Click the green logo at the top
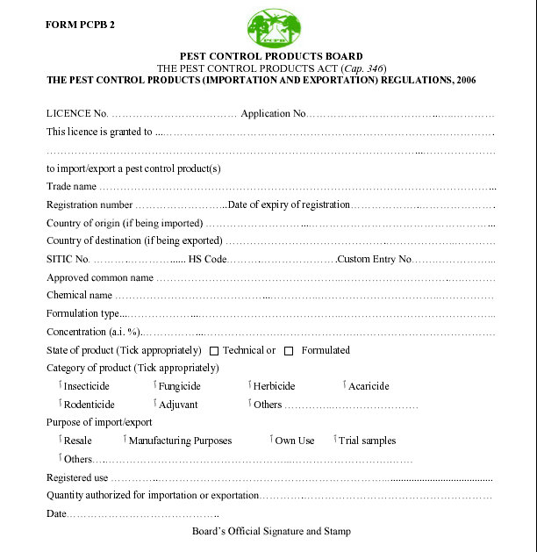click(x=274, y=29)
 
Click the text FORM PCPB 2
click(x=80, y=24)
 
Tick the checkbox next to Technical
click(x=214, y=350)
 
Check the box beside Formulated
click(x=289, y=350)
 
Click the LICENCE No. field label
click(x=77, y=114)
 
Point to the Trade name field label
click(x=71, y=186)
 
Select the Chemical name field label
click(x=79, y=295)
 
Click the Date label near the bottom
click(x=56, y=513)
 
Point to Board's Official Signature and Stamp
click(x=271, y=532)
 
